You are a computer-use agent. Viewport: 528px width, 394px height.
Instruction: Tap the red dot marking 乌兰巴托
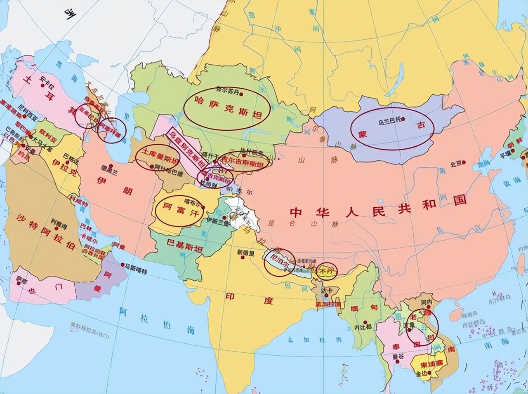click(x=403, y=120)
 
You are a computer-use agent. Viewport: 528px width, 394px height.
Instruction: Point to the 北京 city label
click(x=455, y=164)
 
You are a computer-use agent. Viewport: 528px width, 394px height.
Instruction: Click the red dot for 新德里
click(x=243, y=258)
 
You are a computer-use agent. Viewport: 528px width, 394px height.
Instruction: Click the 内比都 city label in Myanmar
click(x=363, y=328)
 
